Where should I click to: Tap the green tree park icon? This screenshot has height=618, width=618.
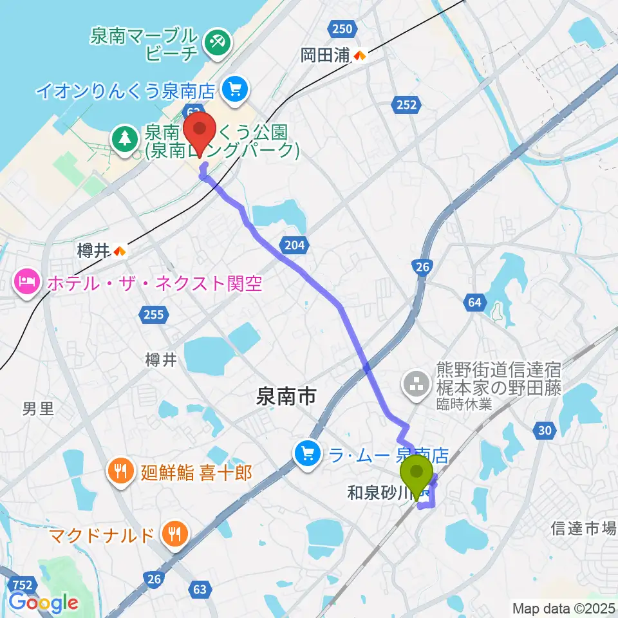(x=122, y=137)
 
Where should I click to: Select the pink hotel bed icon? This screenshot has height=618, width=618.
(x=26, y=283)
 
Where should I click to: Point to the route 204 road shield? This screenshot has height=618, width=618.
(x=294, y=244)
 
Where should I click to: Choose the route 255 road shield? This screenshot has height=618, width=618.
(x=154, y=314)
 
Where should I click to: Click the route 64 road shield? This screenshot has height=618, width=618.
(x=475, y=302)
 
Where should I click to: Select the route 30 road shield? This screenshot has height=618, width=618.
(x=544, y=431)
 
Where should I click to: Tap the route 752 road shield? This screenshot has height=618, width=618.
(x=23, y=584)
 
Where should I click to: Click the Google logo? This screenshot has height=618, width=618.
(x=43, y=603)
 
